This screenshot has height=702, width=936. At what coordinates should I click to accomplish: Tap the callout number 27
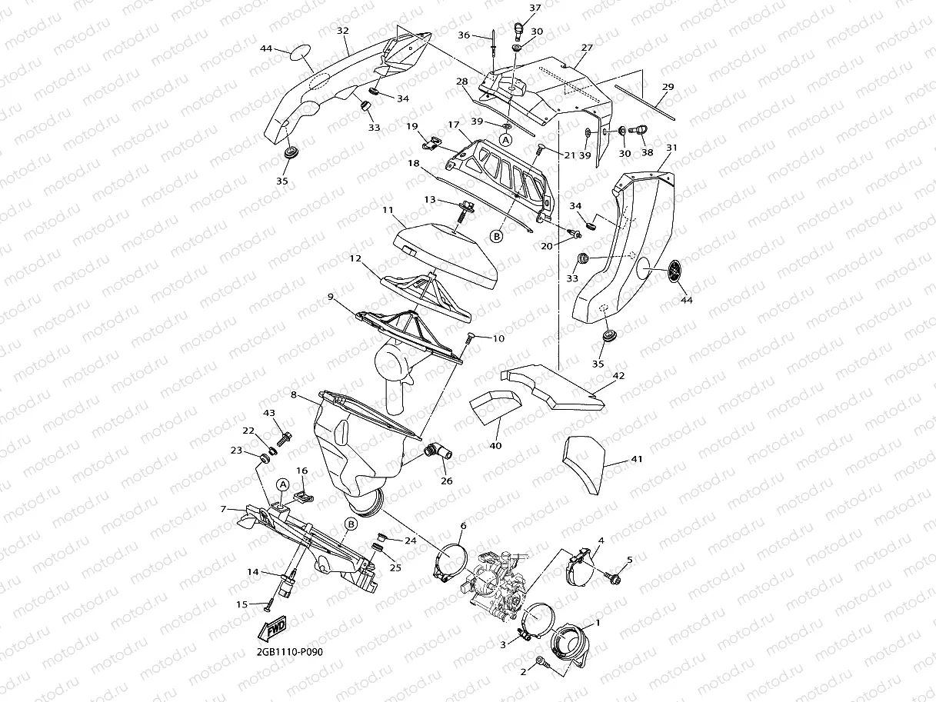tap(587, 48)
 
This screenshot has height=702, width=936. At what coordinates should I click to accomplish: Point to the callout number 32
tap(343, 31)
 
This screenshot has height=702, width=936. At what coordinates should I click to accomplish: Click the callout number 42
tap(618, 376)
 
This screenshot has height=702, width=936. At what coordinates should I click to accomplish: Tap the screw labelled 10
tap(471, 336)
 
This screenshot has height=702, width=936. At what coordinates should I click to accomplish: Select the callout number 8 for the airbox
tap(294, 394)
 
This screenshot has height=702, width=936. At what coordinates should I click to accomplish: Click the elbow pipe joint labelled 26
tap(438, 454)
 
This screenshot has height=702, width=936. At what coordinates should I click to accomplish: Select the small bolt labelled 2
tap(541, 660)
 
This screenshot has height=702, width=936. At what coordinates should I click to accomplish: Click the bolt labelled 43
tap(285, 438)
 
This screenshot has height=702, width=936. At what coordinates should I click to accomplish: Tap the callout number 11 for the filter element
tap(388, 209)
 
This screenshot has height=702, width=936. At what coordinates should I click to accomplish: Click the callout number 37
tap(535, 8)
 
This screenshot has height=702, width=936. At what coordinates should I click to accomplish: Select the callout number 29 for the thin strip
tap(668, 87)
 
